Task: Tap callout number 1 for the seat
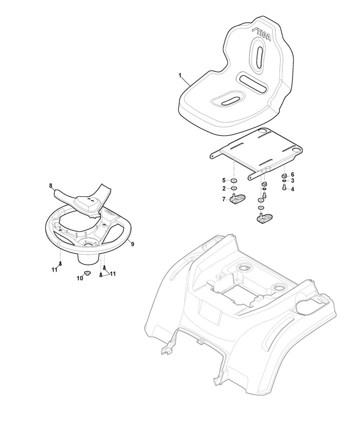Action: [x=180, y=75]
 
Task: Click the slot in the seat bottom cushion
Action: [x=229, y=100]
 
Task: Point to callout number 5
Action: [x=223, y=180]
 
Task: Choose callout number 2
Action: [x=224, y=188]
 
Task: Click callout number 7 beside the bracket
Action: [x=223, y=199]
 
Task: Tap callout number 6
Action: [x=292, y=174]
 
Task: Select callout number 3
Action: [x=292, y=181]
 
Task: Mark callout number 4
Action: [x=292, y=189]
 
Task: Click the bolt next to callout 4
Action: [x=284, y=187]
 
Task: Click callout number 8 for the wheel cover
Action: [x=50, y=185]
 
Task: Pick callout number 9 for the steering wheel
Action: [x=132, y=244]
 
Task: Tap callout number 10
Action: [x=79, y=278]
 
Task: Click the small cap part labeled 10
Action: [x=87, y=274]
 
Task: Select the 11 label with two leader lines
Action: [x=112, y=274]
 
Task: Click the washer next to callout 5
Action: [x=234, y=181]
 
